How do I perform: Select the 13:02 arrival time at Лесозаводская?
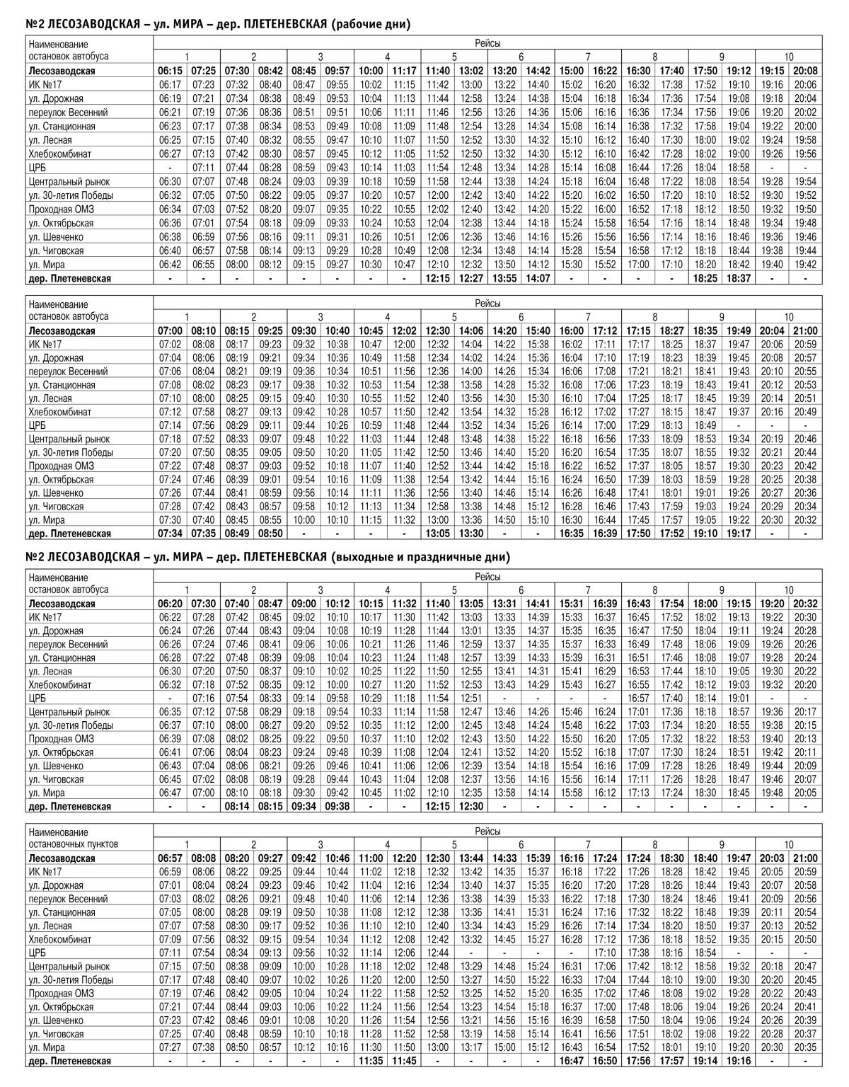471,71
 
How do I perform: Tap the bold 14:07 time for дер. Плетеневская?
538,279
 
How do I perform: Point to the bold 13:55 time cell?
505,279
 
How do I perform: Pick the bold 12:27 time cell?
471,279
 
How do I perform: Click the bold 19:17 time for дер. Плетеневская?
739,534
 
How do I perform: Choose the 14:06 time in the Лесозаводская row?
471,330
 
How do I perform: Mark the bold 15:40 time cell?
538,330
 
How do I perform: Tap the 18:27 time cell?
672,330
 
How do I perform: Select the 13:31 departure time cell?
505,604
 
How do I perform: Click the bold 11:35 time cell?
371,1061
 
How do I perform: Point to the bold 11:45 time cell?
405,1061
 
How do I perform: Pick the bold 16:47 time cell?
572,1061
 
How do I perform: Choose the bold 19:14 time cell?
705,1061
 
